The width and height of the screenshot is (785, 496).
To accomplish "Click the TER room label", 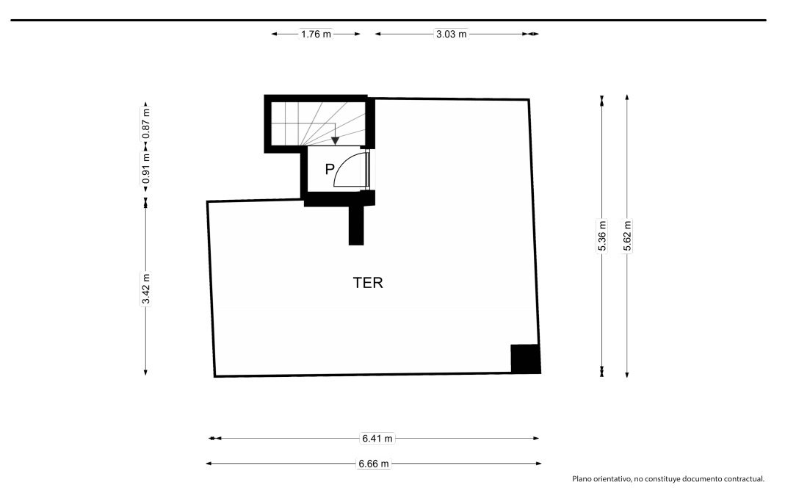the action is [x=368, y=283].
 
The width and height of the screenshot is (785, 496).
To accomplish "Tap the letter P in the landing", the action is [x=330, y=169].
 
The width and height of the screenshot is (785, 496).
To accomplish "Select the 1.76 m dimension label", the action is [x=316, y=34].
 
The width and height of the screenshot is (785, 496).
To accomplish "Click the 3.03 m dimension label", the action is [x=451, y=34].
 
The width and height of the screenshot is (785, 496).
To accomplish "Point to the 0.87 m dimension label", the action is [x=146, y=123].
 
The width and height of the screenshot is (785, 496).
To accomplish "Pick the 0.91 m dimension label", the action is [x=146, y=168].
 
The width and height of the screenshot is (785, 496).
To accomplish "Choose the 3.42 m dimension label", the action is [x=146, y=289].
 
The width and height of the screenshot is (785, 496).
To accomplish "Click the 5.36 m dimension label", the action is [x=602, y=235].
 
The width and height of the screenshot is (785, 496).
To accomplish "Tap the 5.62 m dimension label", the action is [x=627, y=235].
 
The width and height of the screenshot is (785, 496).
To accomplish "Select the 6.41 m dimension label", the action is [x=377, y=439].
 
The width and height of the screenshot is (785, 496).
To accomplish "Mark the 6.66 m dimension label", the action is [x=374, y=464].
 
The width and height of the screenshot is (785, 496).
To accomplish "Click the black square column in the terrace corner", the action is [x=526, y=359].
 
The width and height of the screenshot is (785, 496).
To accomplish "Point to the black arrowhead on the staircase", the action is [x=335, y=141].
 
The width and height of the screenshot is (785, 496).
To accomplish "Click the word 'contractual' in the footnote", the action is [x=743, y=479].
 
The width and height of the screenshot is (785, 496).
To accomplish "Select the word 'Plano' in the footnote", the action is [x=582, y=479].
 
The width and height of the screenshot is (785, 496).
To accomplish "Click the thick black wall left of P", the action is [x=303, y=173].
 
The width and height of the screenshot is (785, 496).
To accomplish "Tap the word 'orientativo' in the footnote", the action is [x=612, y=479].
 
